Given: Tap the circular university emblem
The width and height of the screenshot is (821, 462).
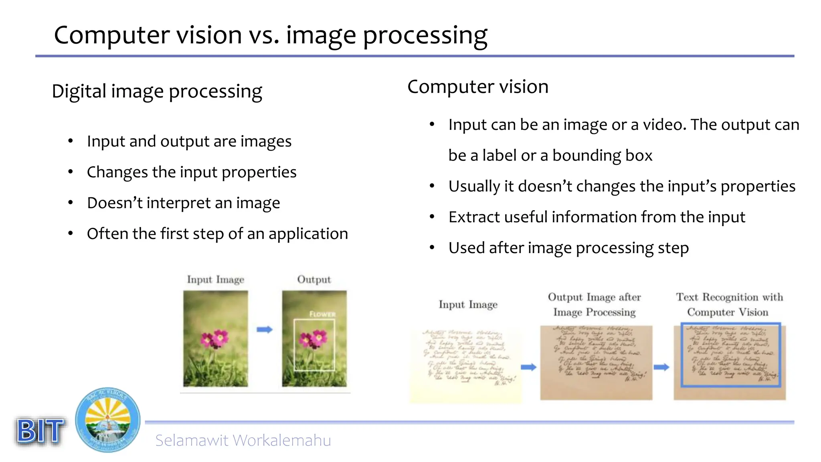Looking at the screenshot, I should [x=108, y=420].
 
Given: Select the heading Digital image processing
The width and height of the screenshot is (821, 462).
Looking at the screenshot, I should [x=157, y=91].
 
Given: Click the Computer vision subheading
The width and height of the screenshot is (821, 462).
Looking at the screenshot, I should [x=478, y=87].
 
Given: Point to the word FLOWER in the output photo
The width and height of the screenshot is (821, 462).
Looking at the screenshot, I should [x=322, y=314].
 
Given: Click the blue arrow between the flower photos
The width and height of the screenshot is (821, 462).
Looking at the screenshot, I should [x=265, y=330].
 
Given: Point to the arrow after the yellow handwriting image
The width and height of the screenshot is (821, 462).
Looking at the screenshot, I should [x=528, y=367].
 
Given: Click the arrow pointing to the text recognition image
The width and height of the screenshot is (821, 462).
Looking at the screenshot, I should [x=661, y=367].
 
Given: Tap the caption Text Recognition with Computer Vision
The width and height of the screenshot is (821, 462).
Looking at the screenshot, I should [x=729, y=304].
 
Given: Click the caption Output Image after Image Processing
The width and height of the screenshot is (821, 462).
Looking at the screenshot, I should [x=595, y=304].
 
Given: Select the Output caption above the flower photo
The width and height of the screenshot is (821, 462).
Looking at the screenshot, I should [x=314, y=280].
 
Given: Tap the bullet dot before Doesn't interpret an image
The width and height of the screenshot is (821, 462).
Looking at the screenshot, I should [x=71, y=203].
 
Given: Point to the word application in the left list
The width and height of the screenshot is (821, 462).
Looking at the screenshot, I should [x=308, y=234].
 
